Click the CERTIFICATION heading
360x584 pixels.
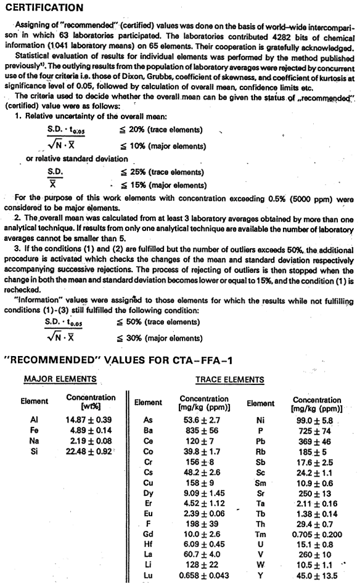pyautogui.click(x=44, y=7)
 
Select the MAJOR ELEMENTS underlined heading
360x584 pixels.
pyautogui.click(x=60, y=379)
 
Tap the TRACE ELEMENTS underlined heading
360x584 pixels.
pyautogui.click(x=229, y=380)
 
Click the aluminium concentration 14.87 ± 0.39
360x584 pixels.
pyautogui.click(x=89, y=420)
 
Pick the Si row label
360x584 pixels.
pyautogui.click(x=35, y=452)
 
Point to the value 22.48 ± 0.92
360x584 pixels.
pyautogui.click(x=89, y=452)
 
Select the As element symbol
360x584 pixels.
pyautogui.click(x=148, y=420)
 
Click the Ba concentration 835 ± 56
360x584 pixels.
pyautogui.click(x=202, y=431)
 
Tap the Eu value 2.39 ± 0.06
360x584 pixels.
pyautogui.click(x=204, y=514)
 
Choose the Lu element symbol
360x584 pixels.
pyautogui.click(x=148, y=575)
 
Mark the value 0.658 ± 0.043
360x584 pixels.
pyautogui.click(x=204, y=575)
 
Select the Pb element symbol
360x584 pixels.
pyautogui.click(x=261, y=442)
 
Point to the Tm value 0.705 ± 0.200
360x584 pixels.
pyautogui.click(x=317, y=535)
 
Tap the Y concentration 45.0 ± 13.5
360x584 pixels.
pyautogui.click(x=317, y=576)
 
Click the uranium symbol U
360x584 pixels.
pyautogui.click(x=261, y=545)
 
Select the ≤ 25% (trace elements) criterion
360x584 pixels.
pyautogui.click(x=161, y=172)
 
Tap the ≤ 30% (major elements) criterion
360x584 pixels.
pyautogui.click(x=160, y=338)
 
